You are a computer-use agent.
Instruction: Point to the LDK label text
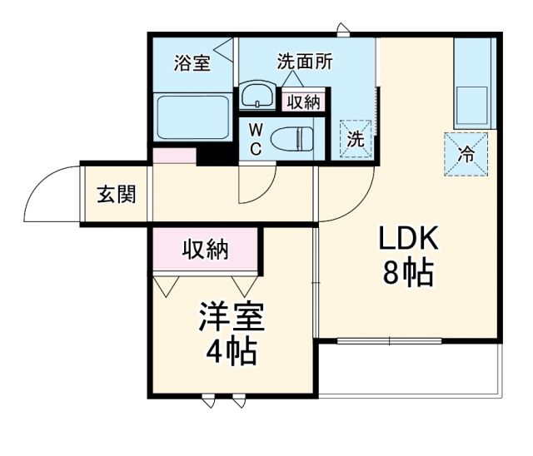point(408,240)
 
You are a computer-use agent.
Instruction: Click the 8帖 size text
point(408,273)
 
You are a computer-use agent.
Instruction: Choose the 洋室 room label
point(231,318)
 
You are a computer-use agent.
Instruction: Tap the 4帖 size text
point(231,352)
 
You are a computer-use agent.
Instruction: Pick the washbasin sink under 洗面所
point(257,96)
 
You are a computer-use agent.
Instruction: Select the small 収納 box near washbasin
point(302,102)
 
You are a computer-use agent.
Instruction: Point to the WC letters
point(257,139)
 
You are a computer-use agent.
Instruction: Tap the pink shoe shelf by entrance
point(173,156)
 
